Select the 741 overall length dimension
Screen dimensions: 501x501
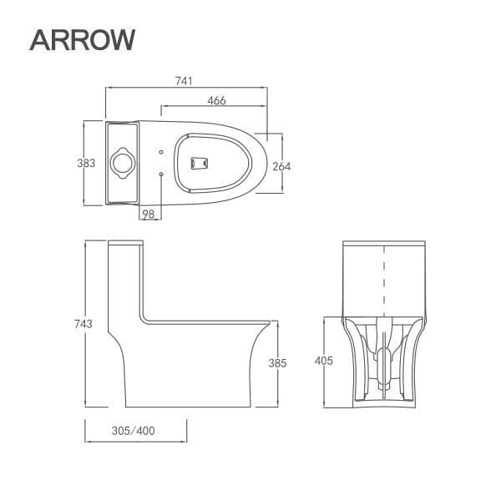coord(185,81)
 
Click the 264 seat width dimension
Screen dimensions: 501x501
coord(281,166)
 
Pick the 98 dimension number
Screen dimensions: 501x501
coord(149,215)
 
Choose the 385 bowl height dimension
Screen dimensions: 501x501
coord(278,363)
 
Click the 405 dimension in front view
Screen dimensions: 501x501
coord(324,362)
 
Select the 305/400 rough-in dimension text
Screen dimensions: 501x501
coord(134,431)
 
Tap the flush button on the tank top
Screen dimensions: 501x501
coord(122,162)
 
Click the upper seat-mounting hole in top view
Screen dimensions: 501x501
coord(160,152)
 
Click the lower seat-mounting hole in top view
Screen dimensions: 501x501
coord(160,173)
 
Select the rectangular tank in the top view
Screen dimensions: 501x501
coord(122,162)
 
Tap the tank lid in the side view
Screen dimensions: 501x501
coord(127,244)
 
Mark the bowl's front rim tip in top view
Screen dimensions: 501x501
coord(266,162)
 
